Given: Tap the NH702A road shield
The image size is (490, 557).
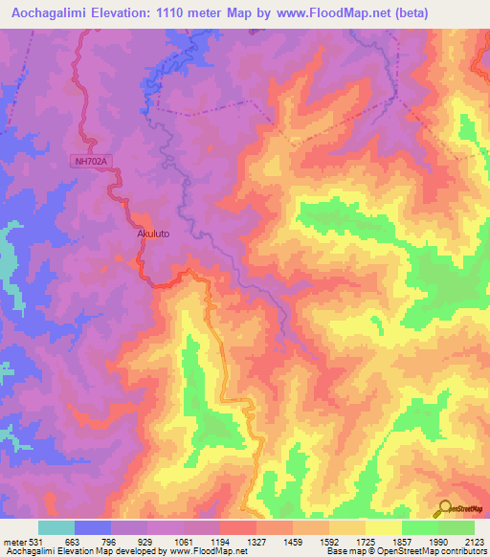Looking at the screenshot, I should point(92,163).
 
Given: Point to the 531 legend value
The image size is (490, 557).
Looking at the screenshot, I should point(36,543).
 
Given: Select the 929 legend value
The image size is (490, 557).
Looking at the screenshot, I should point(146,543).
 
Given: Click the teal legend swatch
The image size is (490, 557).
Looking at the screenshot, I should point(56,527).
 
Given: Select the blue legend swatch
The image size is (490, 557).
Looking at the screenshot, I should point(93,527).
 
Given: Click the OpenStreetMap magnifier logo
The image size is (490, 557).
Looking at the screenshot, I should point(444,509).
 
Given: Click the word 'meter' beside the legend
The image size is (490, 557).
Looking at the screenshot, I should point(13,543).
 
